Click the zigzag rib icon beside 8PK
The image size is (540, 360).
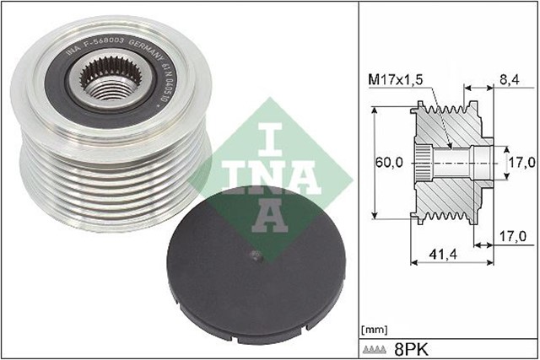[379, 348]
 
